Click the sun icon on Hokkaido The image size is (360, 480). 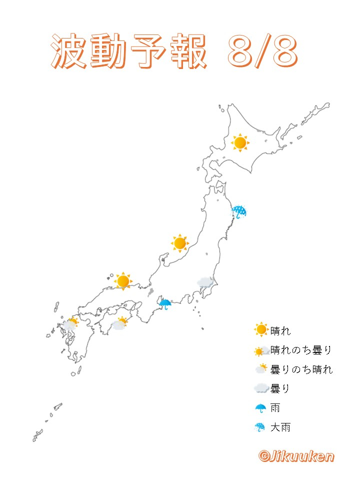[240, 143]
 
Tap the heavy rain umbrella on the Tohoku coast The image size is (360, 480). [239, 211]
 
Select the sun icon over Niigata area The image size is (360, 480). [179, 243]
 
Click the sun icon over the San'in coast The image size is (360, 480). [123, 281]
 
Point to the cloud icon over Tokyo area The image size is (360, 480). [205, 282]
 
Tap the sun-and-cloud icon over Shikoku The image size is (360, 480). [119, 323]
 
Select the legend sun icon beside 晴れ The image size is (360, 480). [260, 330]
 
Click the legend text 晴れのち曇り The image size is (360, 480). [301, 350]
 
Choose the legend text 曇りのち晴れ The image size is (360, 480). [301, 369]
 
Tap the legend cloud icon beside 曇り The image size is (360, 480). [260, 388]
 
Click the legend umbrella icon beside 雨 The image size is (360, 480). [260, 408]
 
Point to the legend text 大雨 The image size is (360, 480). [280, 427]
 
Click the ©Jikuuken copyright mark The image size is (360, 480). [296, 456]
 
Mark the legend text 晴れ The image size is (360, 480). [280, 330]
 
